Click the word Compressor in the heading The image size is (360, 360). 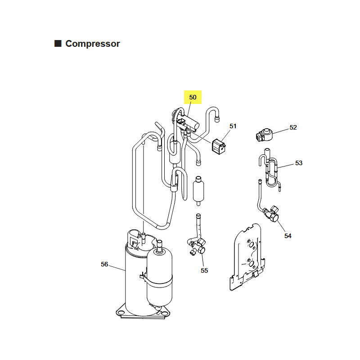click(93, 44)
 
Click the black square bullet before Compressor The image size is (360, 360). click(58, 43)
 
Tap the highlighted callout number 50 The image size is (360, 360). click(193, 97)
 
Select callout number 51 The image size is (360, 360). click(233, 126)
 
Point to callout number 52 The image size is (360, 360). click(293, 127)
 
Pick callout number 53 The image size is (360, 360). click(299, 163)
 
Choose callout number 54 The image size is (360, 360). click(288, 236)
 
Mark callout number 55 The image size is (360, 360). click(204, 270)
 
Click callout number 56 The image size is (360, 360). click(104, 264)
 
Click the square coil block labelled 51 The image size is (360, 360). click(219, 147)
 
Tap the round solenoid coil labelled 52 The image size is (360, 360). click(264, 135)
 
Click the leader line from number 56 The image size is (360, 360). click(117, 268)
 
